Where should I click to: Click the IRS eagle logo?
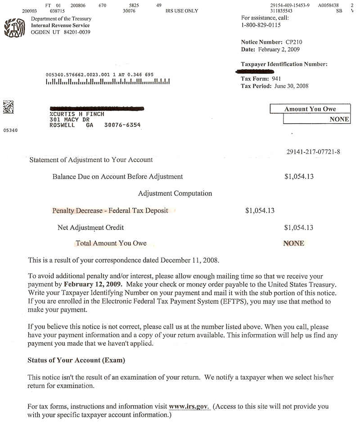pos(14,27)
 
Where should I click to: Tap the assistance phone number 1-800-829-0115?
pos(261,25)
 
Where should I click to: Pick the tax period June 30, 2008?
pos(291,86)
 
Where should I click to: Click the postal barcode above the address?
pos(108,82)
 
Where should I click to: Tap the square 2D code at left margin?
pos(8,107)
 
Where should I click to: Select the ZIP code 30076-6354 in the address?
pos(122,125)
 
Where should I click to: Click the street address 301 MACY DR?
pos(69,120)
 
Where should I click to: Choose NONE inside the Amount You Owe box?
pos(339,119)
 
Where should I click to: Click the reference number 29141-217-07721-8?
pos(313,152)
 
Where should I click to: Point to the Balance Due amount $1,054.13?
pos(299,177)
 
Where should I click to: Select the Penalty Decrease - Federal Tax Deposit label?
pos(110,210)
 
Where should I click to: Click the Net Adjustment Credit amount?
pos(299,227)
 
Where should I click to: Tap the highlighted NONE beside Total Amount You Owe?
pos(293,243)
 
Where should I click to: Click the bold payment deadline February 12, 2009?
pos(92,284)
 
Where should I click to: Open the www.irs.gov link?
pos(189,407)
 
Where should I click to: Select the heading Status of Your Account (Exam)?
pos(76,360)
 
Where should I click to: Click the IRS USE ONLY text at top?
pos(181,11)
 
